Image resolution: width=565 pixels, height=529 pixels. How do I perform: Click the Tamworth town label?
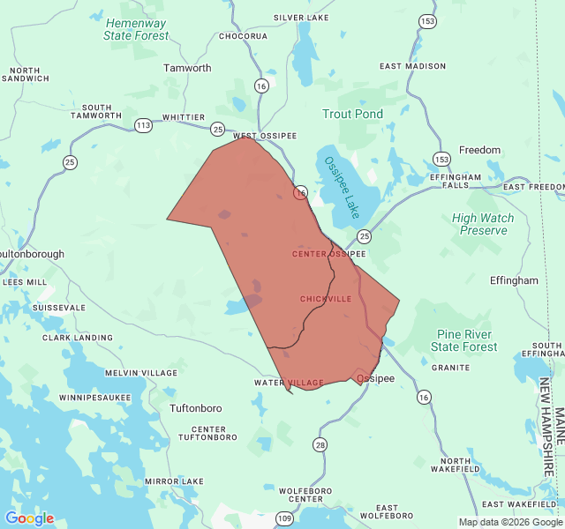(x=187, y=68)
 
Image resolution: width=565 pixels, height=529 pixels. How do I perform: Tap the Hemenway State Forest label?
(x=136, y=29)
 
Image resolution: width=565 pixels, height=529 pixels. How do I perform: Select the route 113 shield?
(x=143, y=125)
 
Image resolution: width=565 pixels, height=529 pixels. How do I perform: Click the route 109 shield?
(x=283, y=518)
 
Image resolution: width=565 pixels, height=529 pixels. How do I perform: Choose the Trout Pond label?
(x=352, y=114)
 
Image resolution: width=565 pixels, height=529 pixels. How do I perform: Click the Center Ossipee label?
(x=328, y=254)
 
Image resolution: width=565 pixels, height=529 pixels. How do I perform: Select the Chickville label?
(x=325, y=299)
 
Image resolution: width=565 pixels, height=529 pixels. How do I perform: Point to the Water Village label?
(x=289, y=383)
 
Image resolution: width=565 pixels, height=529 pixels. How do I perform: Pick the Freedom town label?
(x=479, y=150)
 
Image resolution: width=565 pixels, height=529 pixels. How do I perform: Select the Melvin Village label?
(x=141, y=374)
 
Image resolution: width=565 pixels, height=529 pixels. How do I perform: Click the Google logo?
(x=29, y=518)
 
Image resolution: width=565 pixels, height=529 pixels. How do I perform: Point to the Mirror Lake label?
(x=174, y=481)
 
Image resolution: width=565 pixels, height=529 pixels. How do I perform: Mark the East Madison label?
(x=412, y=66)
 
